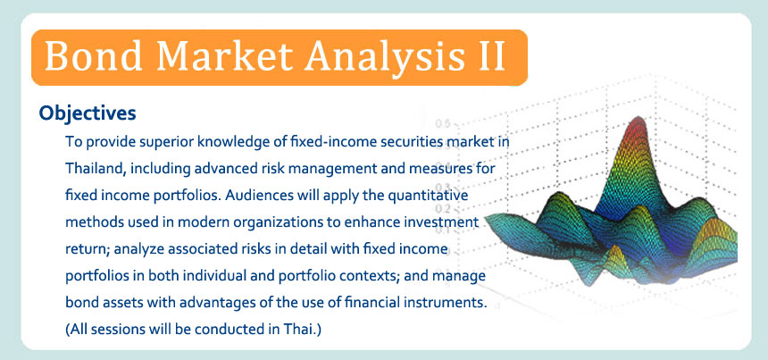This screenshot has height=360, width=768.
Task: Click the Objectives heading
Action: pos(88,113)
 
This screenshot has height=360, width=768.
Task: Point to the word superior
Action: pos(160,142)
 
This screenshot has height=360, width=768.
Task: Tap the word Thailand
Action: pos(97,169)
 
